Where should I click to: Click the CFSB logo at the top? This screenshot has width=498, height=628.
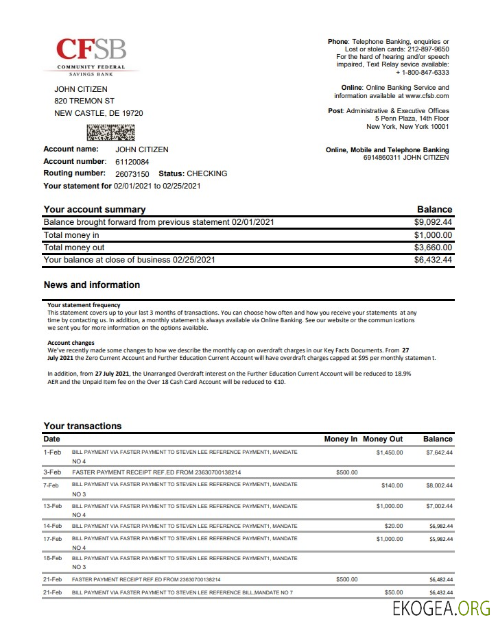(91, 55)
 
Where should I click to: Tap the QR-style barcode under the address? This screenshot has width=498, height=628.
(110, 132)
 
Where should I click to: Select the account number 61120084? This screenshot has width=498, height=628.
(132, 162)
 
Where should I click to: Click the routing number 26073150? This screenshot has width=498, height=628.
(132, 174)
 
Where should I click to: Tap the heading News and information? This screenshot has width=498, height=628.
(91, 285)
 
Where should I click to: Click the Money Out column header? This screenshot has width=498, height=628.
(383, 439)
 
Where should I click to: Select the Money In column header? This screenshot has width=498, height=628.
(340, 439)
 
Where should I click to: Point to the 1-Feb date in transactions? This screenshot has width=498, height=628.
(52, 452)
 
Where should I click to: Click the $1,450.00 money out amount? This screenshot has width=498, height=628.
(390, 452)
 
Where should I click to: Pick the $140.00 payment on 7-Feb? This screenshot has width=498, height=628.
(392, 485)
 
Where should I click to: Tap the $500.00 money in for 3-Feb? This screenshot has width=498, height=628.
(346, 472)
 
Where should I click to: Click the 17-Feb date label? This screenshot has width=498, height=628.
(53, 539)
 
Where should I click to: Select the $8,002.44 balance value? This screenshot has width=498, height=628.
(439, 485)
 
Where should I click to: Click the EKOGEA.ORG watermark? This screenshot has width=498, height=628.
(442, 608)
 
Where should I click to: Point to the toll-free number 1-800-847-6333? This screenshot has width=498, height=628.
(425, 72)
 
